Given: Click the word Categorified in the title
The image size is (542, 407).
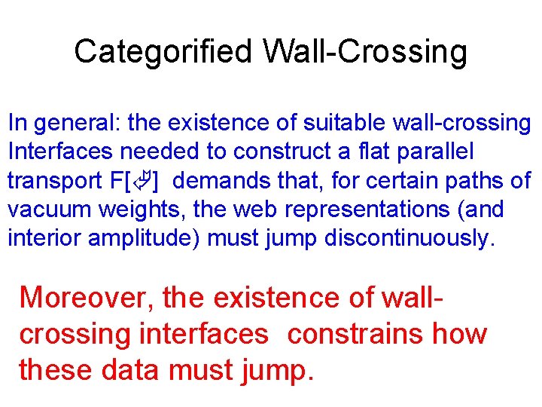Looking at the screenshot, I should pos(163,52).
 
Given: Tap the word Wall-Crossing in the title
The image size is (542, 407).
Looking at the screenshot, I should pos(365,52).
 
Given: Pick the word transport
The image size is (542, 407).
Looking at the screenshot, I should pos(53,181).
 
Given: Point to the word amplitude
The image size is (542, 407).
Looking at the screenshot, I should pos(144,238).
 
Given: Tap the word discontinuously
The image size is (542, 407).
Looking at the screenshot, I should pos(411,238).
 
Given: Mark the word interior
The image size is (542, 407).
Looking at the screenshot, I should pos(44,238).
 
